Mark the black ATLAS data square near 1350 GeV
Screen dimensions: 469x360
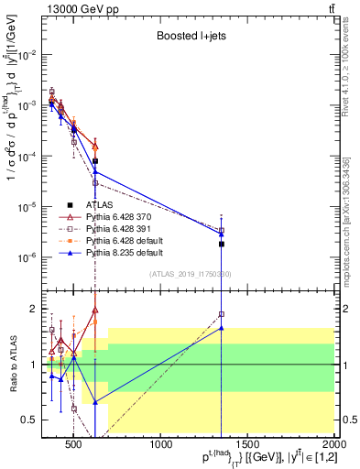222,244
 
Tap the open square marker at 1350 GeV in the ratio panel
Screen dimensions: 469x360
222,314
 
